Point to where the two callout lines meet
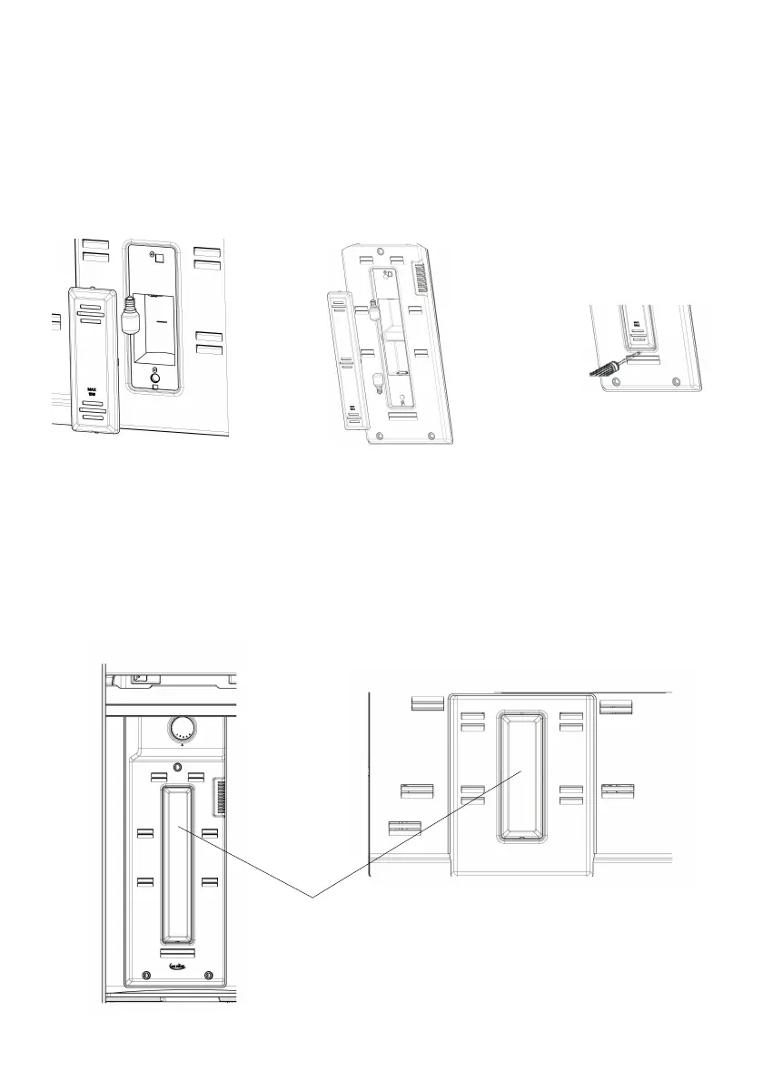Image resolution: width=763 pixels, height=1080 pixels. click(x=313, y=897)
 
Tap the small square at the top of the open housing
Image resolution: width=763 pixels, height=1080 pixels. click(x=159, y=257)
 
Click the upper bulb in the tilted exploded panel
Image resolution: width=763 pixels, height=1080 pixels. click(x=373, y=311)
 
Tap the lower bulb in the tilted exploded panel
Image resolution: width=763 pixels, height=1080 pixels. click(x=375, y=378)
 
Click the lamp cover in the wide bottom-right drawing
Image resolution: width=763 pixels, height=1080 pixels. click(x=521, y=776)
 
